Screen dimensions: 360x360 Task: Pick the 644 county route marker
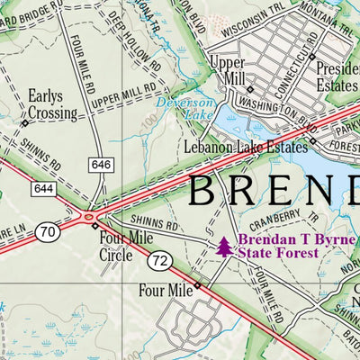point(42,189)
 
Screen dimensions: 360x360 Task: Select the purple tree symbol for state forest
point(223,246)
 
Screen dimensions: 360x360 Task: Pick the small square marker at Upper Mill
point(250,88)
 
